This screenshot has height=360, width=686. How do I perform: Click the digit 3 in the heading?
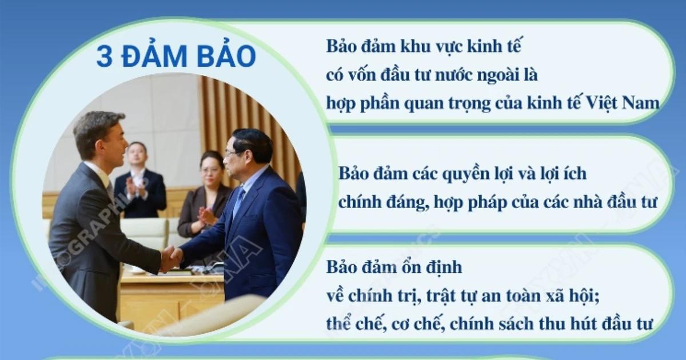(x=103, y=57)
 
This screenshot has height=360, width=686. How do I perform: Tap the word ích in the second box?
(x=573, y=173)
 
